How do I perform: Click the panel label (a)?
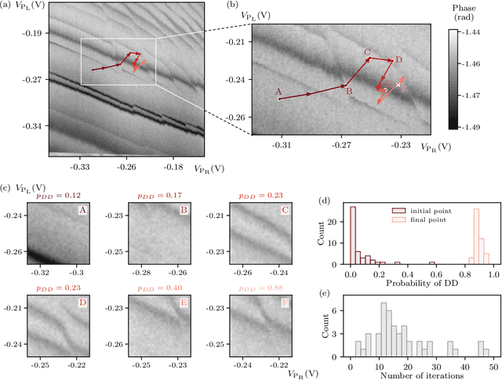coord(8,9)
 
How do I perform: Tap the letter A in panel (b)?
coord(278,92)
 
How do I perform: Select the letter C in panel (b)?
coord(367,52)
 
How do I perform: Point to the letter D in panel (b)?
coord(398,60)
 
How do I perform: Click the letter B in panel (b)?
coord(349,92)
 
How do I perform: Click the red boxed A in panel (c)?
coord(81,210)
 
